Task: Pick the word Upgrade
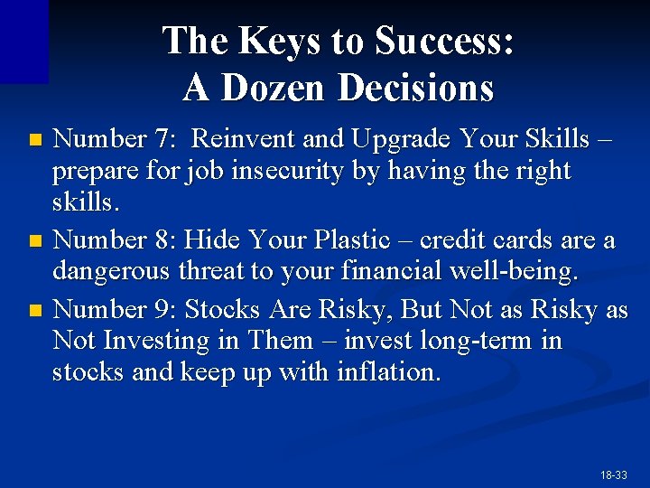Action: pyautogui.click(x=401, y=140)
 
